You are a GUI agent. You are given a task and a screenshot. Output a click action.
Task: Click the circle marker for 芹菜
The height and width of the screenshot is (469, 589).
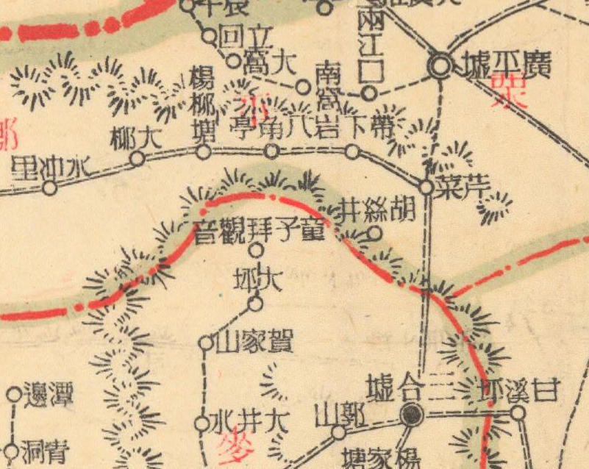coord(426,187)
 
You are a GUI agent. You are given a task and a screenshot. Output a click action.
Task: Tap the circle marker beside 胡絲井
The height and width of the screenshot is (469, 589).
coord(374,234)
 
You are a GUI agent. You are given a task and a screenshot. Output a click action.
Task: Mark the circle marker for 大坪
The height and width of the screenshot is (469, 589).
coord(255,302)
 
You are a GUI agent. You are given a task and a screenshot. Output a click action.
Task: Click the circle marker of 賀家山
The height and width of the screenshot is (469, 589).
coord(206,342)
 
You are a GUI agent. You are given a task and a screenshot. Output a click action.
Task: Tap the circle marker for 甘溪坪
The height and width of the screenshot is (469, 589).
coord(518,412)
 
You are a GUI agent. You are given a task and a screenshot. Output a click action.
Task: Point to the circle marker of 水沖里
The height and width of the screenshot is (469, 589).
coord(49,187)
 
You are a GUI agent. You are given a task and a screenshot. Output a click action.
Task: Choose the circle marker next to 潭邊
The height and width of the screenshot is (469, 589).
coord(13,395)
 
